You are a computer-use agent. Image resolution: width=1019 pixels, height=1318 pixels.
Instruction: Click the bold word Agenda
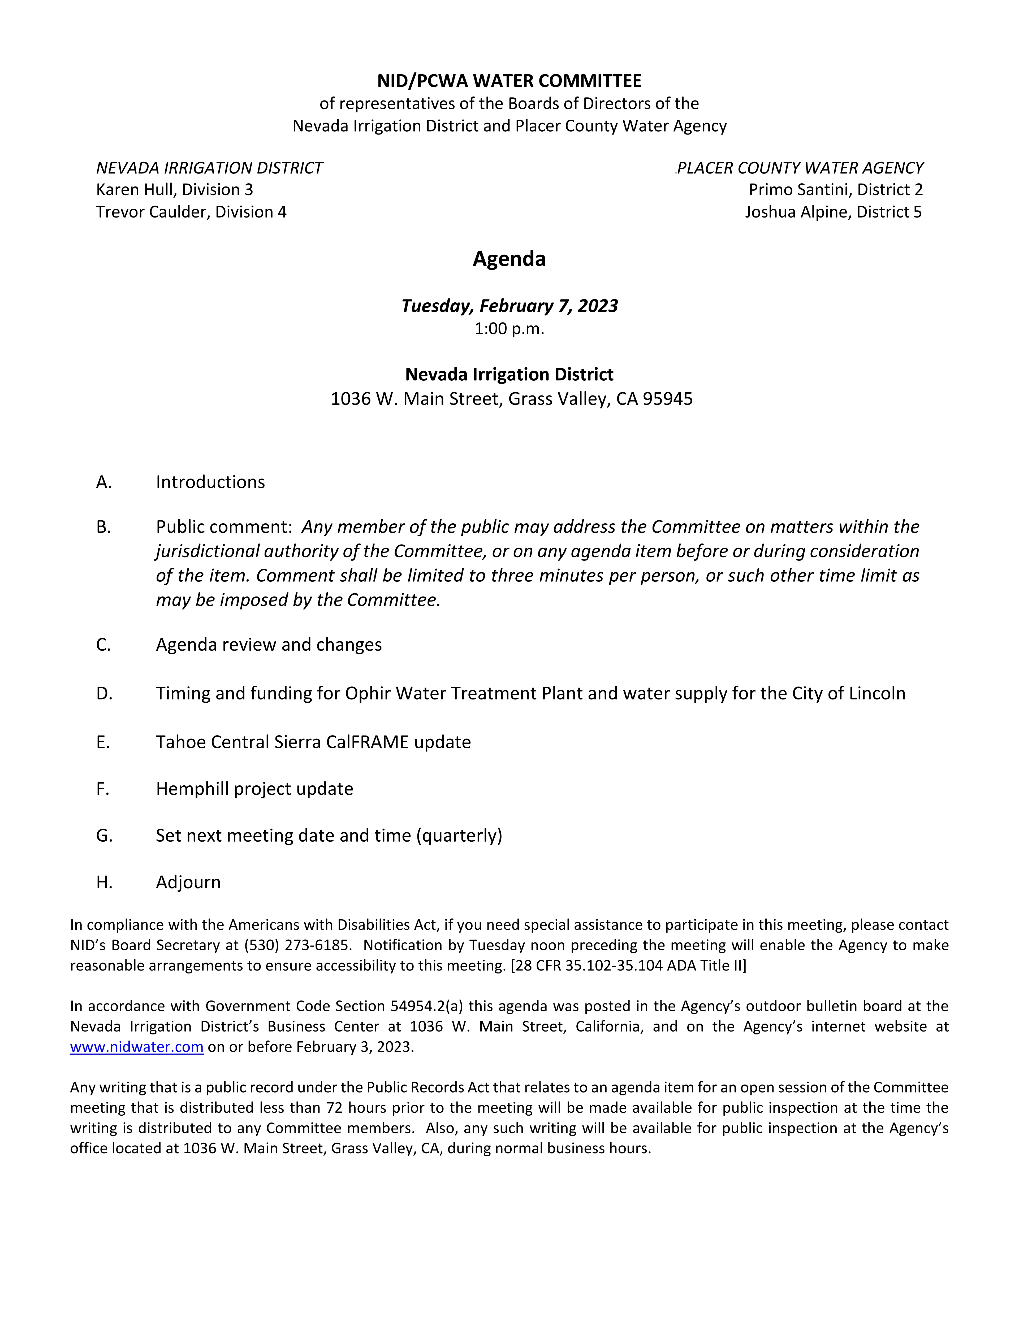(x=509, y=259)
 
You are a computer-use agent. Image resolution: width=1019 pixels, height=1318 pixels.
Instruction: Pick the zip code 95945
(x=668, y=399)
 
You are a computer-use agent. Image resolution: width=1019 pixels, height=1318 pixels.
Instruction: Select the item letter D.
(x=104, y=693)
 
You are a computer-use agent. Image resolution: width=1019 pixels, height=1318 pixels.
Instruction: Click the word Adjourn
(x=188, y=882)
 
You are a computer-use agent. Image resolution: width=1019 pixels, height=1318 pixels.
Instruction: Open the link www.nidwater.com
(x=136, y=1046)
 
